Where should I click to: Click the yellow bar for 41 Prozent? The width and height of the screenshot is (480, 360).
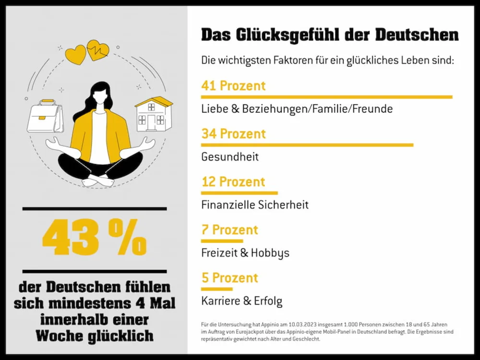326,97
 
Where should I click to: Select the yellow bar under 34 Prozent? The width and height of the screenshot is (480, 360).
307,144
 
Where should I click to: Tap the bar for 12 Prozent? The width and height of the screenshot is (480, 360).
239,193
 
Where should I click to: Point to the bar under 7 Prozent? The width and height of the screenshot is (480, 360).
222,241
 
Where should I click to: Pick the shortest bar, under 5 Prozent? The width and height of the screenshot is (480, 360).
216,289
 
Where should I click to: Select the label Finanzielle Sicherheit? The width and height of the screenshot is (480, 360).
255,205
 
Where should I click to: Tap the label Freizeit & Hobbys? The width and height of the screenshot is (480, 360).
245,253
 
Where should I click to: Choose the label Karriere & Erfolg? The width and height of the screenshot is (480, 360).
242,301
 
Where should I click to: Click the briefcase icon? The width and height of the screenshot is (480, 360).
45,116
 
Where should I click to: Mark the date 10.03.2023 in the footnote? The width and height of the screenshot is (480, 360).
291,324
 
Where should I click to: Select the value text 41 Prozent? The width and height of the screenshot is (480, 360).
233,86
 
